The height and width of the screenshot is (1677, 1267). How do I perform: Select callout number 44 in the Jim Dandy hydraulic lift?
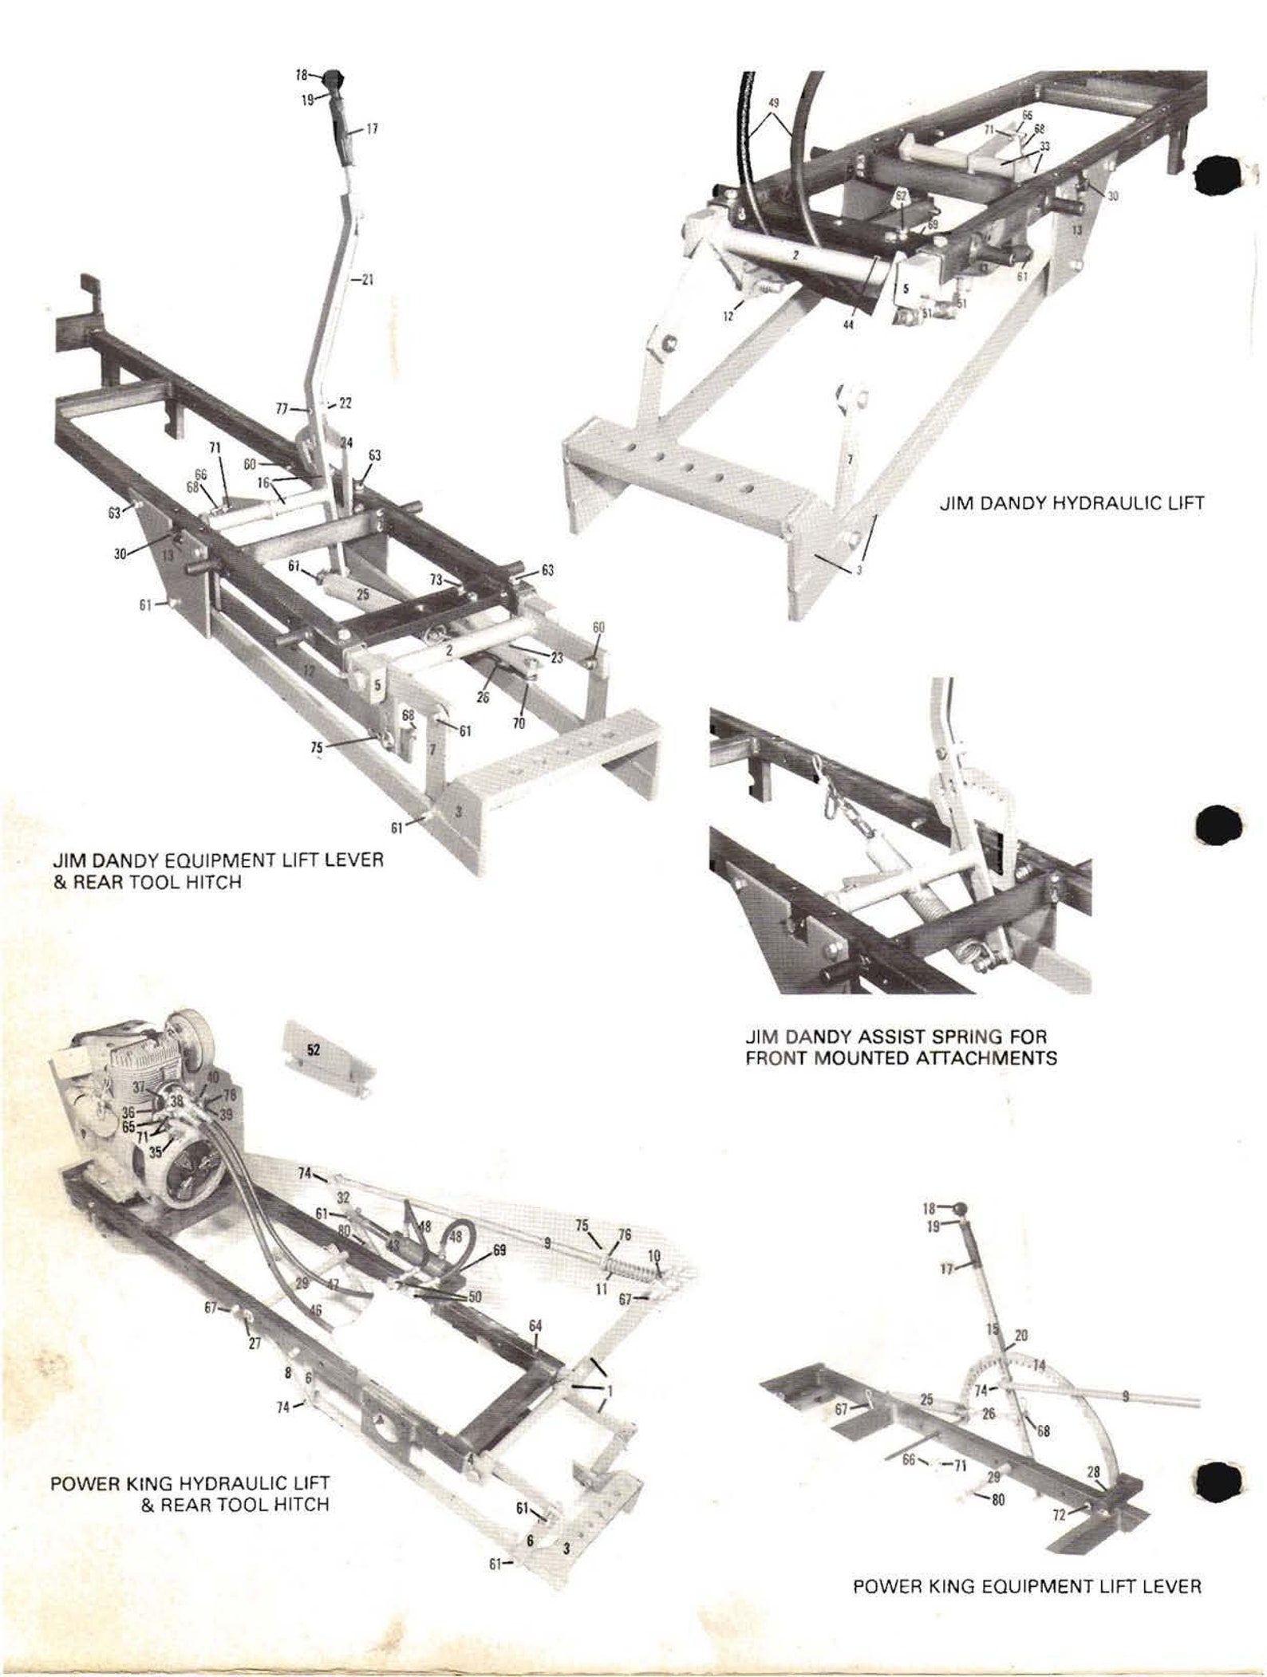[x=848, y=325]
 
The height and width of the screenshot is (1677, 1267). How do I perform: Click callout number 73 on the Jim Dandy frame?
[x=436, y=580]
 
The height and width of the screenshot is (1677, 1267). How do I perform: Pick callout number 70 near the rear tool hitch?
[x=519, y=724]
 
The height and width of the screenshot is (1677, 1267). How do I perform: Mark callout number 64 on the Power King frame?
[x=535, y=1325]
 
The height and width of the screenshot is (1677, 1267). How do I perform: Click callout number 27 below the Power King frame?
[x=255, y=1344]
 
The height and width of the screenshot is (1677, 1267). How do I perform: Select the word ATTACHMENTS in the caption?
[x=984, y=1058]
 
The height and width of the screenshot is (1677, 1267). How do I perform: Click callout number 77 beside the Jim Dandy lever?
[x=281, y=408]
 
